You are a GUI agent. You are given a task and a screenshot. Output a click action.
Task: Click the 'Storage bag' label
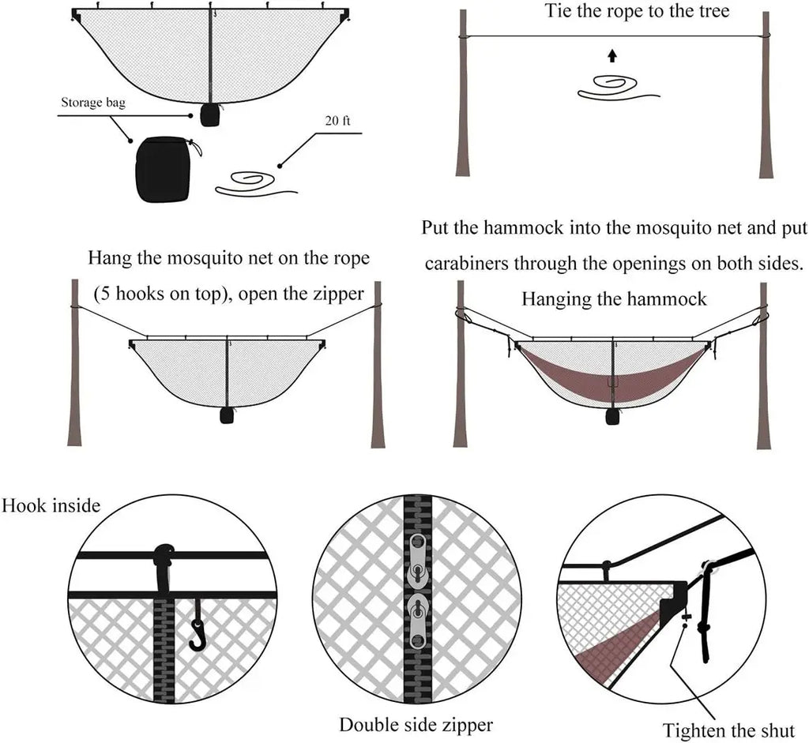(x=93, y=103)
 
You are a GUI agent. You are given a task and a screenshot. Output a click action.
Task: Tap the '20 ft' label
(x=337, y=122)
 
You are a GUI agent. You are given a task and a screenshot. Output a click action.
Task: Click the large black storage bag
(x=164, y=169)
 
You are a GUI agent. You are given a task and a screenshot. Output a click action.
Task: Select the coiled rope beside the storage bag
(x=251, y=183)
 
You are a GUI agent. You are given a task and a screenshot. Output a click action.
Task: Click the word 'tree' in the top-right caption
(x=713, y=12)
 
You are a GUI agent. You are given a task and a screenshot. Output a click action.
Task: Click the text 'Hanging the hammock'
(x=614, y=299)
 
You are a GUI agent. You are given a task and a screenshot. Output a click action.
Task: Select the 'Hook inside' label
(x=51, y=505)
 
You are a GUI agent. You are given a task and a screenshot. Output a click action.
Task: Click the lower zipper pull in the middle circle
(x=417, y=616)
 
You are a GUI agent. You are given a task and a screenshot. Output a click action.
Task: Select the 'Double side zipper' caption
(x=416, y=724)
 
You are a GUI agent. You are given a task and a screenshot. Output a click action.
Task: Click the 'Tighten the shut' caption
(x=728, y=730)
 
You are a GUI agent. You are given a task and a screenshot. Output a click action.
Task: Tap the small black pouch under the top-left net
(x=209, y=114)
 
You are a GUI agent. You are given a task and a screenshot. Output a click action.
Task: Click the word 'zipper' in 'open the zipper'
(x=340, y=294)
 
